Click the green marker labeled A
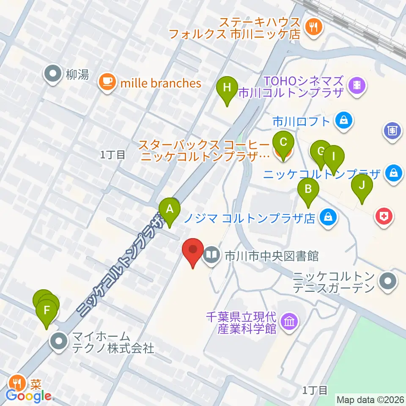tap(170, 209)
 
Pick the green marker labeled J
tap(362, 185)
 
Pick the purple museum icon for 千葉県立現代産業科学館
tap(290, 322)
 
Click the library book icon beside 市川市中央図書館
tap(211, 255)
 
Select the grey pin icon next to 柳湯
tap(53, 74)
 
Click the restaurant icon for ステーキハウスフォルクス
tap(314, 27)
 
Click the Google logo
tap(29, 396)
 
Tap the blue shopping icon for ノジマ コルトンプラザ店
tap(328, 218)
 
